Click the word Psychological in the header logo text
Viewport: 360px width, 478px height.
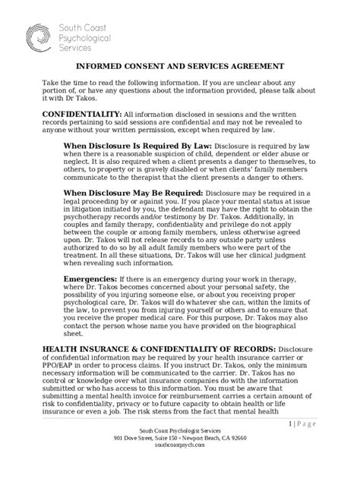(x=85, y=36)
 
